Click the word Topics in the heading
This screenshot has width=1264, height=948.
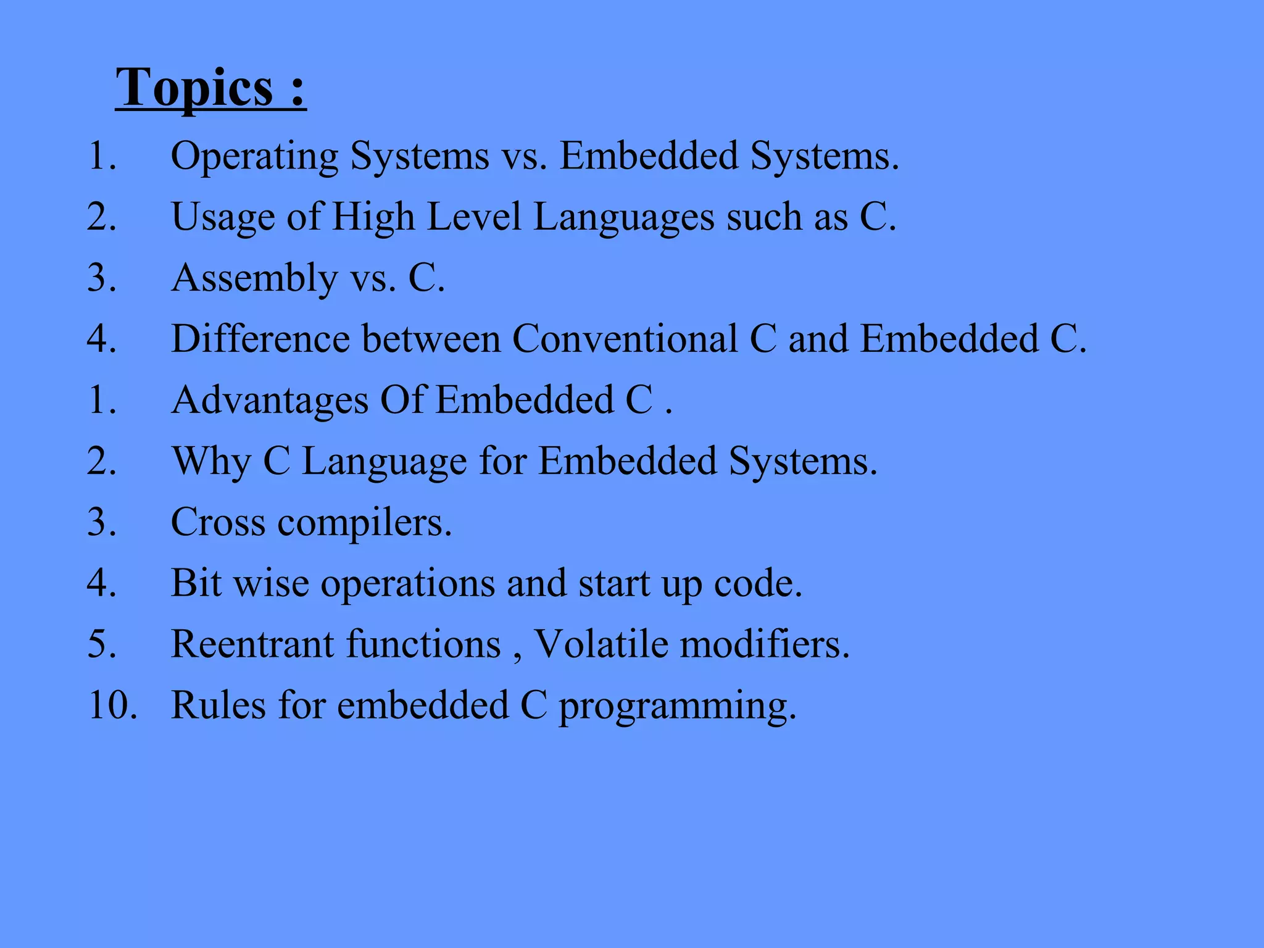(194, 88)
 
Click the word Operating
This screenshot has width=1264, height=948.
(254, 156)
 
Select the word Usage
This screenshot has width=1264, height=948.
(222, 217)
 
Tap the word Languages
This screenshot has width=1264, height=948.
(623, 217)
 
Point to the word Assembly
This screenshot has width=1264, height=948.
(254, 278)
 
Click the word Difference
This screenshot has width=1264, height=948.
(260, 339)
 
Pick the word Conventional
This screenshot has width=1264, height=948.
(625, 339)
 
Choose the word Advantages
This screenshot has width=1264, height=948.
(270, 400)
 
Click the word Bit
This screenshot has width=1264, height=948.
(196, 583)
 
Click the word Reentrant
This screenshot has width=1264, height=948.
(252, 644)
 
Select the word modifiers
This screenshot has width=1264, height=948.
(765, 644)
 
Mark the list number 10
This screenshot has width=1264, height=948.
(112, 705)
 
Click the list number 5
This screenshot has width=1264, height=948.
(101, 644)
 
